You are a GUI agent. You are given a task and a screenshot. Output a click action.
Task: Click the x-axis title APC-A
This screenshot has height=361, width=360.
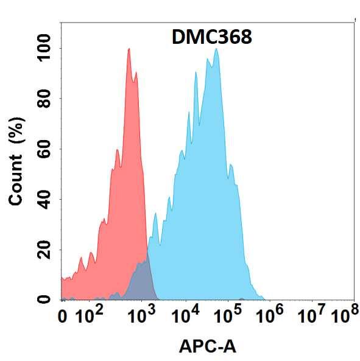point(207,347)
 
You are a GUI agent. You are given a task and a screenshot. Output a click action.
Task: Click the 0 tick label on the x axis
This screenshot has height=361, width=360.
point(62,317)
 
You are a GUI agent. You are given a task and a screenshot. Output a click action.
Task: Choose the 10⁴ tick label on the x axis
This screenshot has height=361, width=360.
point(185,315)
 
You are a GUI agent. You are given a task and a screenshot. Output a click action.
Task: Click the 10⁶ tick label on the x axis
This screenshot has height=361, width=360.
point(271,315)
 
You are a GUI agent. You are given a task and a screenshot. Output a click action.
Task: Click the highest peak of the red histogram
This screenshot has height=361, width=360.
point(129,49)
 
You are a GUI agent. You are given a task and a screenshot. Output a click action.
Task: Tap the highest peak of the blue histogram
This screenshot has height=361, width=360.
point(216,50)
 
